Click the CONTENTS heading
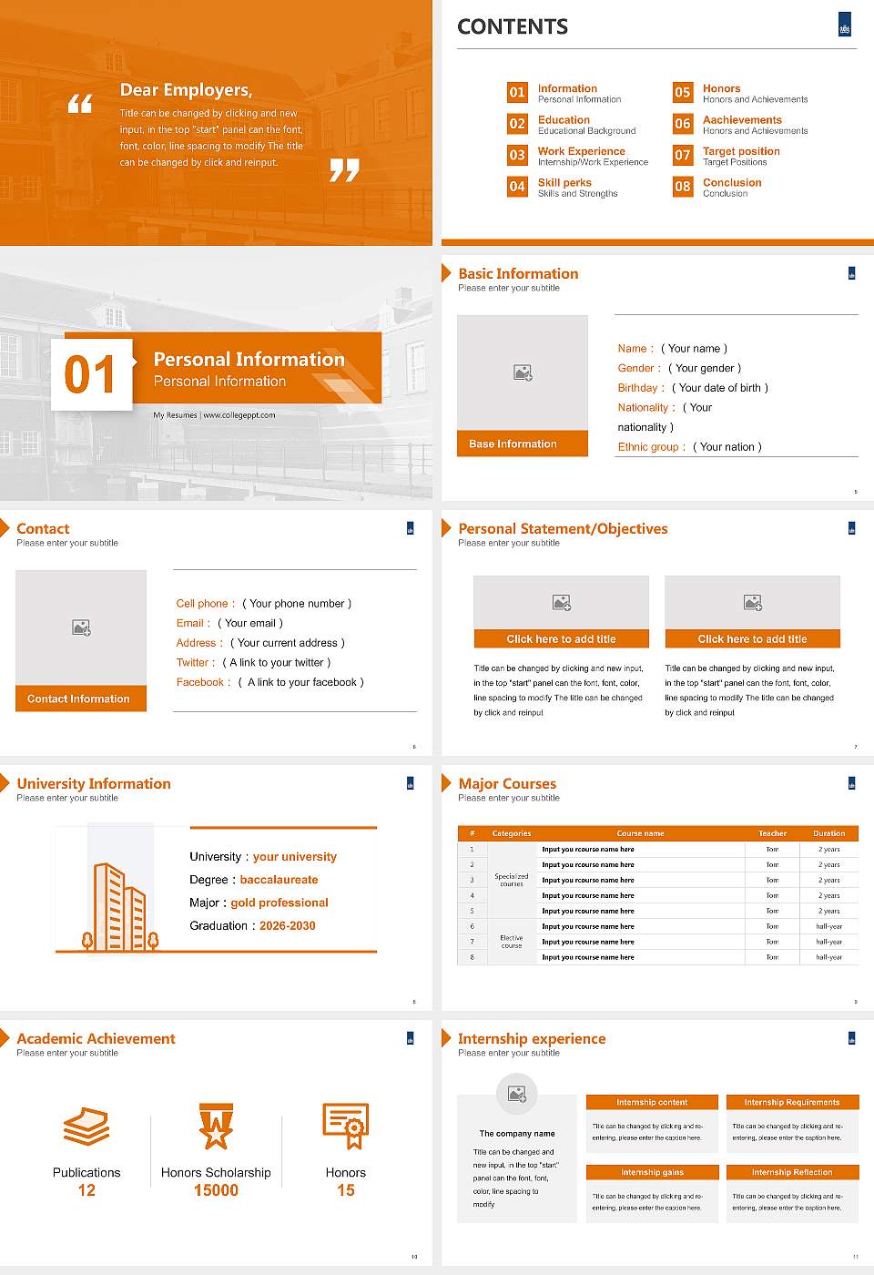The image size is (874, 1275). coord(513,27)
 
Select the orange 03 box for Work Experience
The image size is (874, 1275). coord(517,155)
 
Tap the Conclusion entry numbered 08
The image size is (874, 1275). coord(732,183)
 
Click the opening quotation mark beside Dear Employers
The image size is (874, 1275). coord(80,104)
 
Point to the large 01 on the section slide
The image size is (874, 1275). coord(90,375)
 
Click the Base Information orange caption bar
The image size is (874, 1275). coord(522,444)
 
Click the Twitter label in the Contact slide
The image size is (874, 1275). coord(196,663)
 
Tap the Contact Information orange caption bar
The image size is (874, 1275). coord(81,699)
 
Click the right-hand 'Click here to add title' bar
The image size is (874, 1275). coord(752,639)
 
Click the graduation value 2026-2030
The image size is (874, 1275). coord(287,926)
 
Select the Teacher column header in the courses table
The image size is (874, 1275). coord(772,833)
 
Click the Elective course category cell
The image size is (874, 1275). coord(512,942)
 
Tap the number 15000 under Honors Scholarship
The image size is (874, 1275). coord(216,1190)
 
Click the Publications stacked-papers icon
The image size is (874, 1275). coord(86,1127)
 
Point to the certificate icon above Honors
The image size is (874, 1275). coord(346,1126)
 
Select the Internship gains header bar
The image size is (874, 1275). coord(652,1172)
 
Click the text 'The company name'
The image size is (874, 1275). coord(517,1134)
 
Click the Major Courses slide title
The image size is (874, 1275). coord(507,784)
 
